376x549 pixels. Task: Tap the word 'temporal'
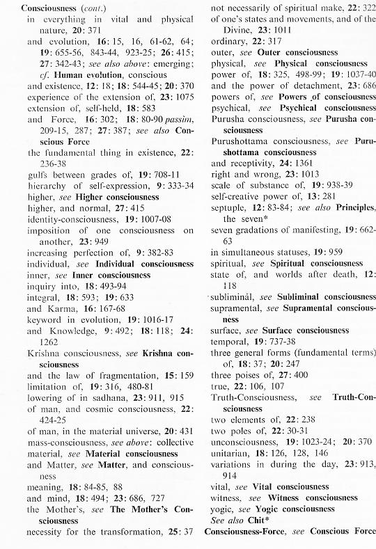pyautogui.click(x=229, y=341)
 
